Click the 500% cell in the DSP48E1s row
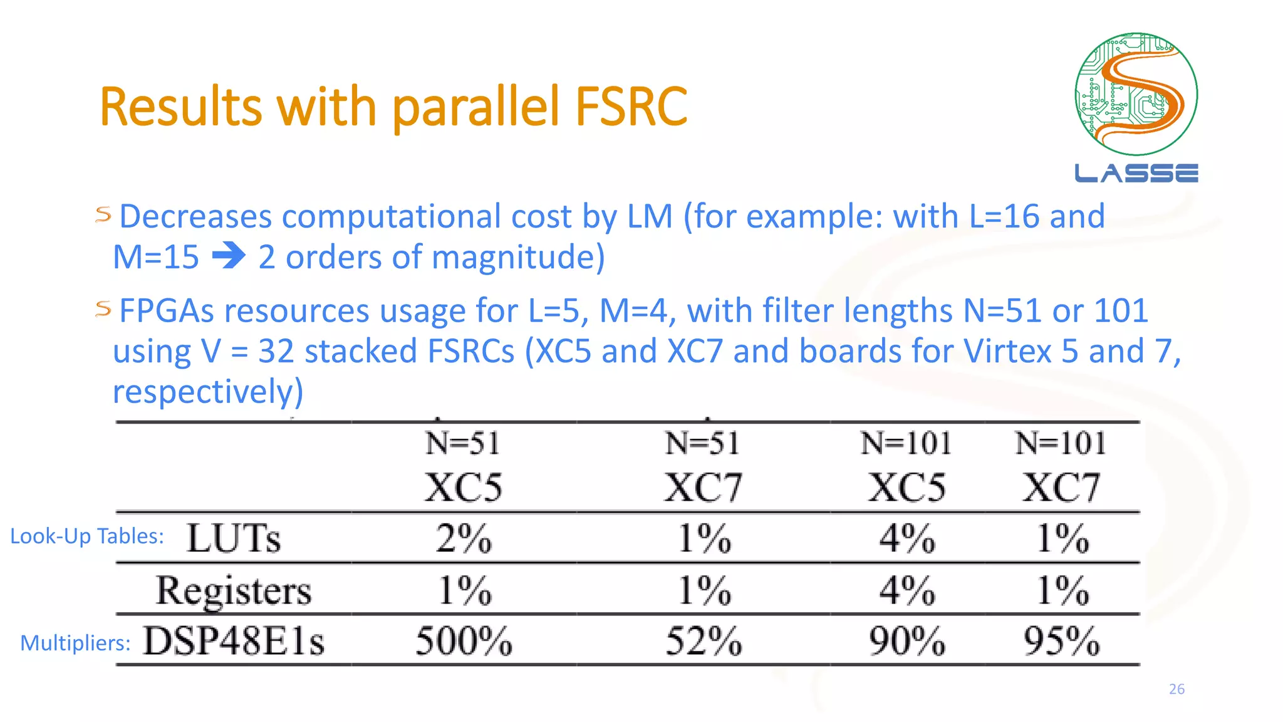click(x=464, y=641)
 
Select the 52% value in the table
click(x=704, y=641)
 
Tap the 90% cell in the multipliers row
click(x=906, y=641)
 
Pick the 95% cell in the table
click(x=1061, y=641)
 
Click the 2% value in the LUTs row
click(x=464, y=538)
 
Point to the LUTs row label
click(x=233, y=538)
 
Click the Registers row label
click(x=233, y=590)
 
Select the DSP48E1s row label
click(x=233, y=641)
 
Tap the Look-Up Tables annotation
click(x=87, y=536)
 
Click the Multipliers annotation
click(x=75, y=643)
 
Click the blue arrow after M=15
click(x=229, y=257)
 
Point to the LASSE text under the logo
click(x=1136, y=173)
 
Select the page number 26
click(x=1177, y=689)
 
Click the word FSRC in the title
click(x=631, y=107)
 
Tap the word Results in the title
click(x=180, y=107)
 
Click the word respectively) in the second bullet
click(x=208, y=392)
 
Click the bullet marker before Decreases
click(x=103, y=215)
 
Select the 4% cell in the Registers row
click(x=906, y=590)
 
